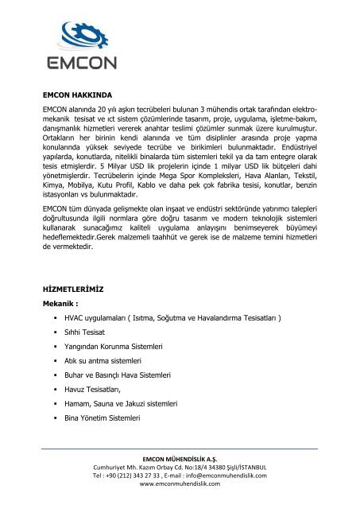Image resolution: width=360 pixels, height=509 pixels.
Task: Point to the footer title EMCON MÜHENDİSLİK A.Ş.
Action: (x=179, y=459)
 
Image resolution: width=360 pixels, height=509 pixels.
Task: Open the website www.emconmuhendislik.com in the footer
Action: (x=179, y=485)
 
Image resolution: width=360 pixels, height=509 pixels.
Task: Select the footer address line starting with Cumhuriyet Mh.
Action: (x=179, y=468)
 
